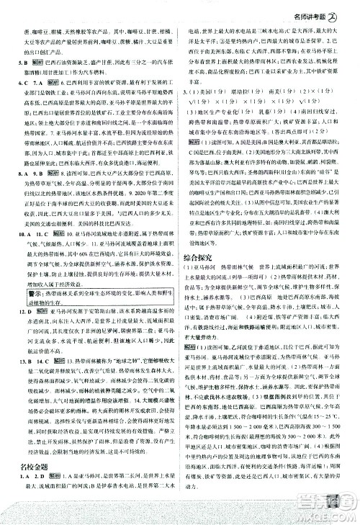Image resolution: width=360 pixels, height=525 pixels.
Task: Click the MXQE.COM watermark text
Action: coord(336,514)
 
